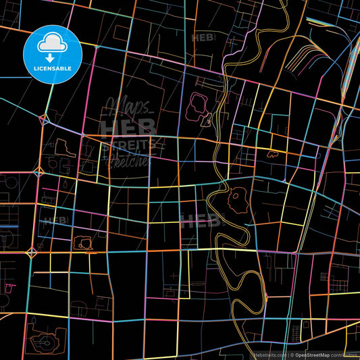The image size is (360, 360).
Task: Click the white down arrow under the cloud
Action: (50, 57)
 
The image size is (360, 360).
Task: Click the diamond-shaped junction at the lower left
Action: (30, 254)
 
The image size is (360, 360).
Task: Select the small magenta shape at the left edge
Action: (9, 287)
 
